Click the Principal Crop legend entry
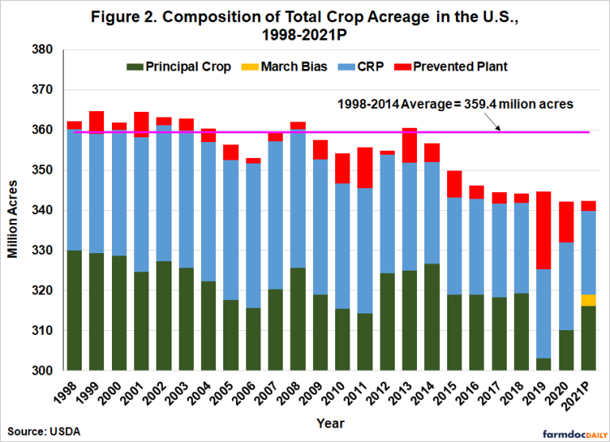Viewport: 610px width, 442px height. click(180, 67)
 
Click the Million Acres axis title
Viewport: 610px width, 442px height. click(14, 209)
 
